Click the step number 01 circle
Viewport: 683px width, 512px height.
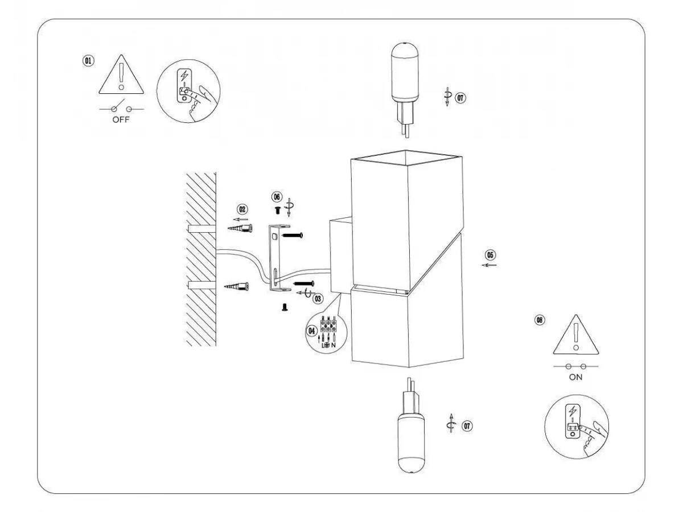pos(88,60)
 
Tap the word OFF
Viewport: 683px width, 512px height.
pos(121,119)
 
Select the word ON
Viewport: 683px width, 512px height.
pos(575,377)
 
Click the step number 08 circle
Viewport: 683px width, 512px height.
pos(540,320)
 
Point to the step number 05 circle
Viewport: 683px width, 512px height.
pos(491,255)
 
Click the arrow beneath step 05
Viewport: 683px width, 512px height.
pos(489,265)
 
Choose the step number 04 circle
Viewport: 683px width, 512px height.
pos(312,331)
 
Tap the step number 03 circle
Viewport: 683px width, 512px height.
pos(318,299)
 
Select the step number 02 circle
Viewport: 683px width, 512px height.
pos(242,209)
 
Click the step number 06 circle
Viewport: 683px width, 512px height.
pos(277,197)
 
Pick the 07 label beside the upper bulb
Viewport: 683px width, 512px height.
pos(460,98)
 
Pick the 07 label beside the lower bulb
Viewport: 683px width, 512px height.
pos(467,426)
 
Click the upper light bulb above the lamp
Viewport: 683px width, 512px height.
pos(405,90)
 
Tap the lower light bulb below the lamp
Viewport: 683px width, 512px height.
pos(411,426)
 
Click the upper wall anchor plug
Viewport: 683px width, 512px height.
pos(240,229)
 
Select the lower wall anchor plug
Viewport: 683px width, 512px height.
pos(237,286)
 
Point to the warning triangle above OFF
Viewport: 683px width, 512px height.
pos(121,75)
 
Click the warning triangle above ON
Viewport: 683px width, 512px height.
pos(575,335)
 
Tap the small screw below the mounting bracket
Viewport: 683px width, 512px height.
pos(285,307)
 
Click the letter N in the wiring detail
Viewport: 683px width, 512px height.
pos(334,345)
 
